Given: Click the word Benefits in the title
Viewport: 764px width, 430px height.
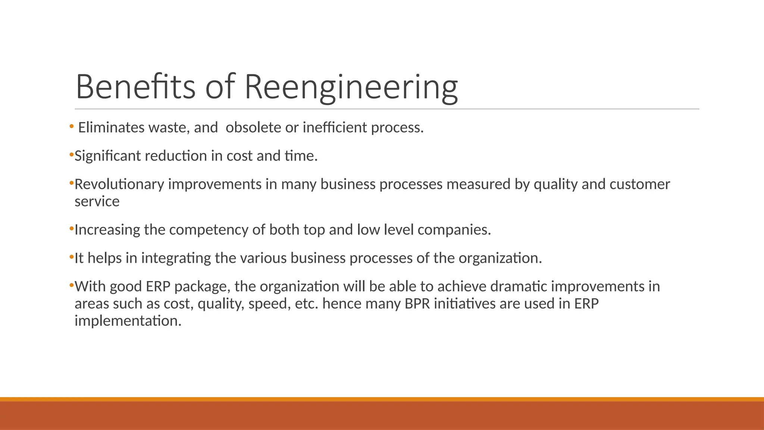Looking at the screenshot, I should click(135, 87).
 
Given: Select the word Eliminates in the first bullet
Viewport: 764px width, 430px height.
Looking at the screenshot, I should click(111, 128).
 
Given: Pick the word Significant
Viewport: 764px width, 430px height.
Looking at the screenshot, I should click(107, 156).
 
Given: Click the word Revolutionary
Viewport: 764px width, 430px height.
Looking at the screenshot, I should click(119, 184).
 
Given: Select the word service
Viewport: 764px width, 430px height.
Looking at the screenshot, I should click(97, 202).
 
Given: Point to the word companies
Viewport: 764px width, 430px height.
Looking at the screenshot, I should click(454, 230).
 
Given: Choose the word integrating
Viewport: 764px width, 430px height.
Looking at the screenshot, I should click(176, 258).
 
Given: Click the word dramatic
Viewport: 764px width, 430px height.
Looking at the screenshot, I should click(518, 287).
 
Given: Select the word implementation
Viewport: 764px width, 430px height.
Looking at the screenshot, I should click(128, 321).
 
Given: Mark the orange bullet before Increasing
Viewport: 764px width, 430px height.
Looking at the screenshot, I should click(71, 228).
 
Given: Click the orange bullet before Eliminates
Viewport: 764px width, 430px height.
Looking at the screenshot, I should click(71, 127).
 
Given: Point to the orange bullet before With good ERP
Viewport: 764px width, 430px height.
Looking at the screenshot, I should click(71, 286).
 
